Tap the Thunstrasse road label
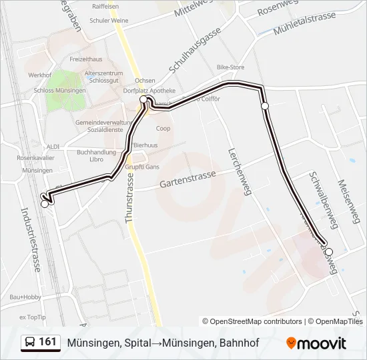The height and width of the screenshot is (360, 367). pos(130,197)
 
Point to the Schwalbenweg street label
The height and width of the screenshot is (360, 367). pos(324,199)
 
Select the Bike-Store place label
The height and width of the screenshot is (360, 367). pos(231,67)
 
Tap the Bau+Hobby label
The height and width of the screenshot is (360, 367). pos(25,297)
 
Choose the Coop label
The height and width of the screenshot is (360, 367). pos(163,128)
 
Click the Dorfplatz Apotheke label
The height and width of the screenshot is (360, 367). pos(149,91)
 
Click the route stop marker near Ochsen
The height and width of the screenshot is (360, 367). pos(143,100)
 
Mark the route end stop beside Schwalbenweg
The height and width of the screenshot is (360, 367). pos(328,251)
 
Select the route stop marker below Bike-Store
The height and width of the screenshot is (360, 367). pos(265,106)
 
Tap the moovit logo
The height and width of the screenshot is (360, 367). pos(316,343)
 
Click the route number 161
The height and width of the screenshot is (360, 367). pos(48,342)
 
